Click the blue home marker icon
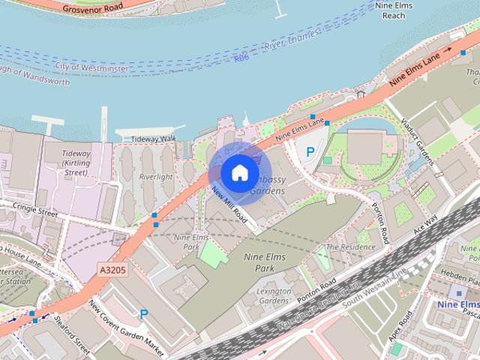point(238,172)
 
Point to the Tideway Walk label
point(153,139)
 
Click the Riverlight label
point(156,177)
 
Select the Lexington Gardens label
point(274,295)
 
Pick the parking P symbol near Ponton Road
point(310,151)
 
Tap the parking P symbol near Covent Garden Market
point(143,315)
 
